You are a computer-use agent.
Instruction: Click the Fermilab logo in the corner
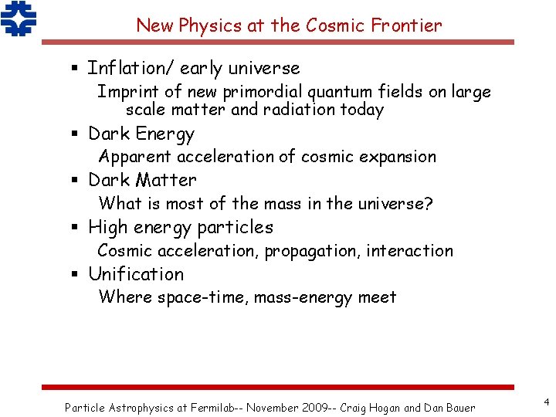19,19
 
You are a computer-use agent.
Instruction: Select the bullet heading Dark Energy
141,134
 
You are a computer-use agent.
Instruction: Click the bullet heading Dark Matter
142,180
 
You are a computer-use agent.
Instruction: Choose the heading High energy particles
181,227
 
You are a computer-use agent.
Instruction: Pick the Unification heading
136,274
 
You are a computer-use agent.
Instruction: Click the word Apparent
135,157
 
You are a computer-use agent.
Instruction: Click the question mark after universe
429,204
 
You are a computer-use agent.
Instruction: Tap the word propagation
312,250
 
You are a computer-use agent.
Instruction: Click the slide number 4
546,402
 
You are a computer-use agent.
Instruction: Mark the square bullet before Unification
76,275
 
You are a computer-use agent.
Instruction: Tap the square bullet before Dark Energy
76,134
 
